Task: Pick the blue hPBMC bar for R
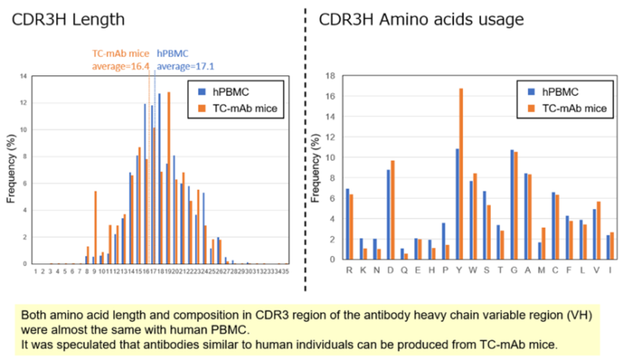(x=347, y=225)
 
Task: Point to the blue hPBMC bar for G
(x=512, y=204)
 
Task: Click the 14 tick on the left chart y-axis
(x=24, y=76)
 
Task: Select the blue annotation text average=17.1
(x=185, y=67)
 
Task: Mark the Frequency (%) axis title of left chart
(x=11, y=170)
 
